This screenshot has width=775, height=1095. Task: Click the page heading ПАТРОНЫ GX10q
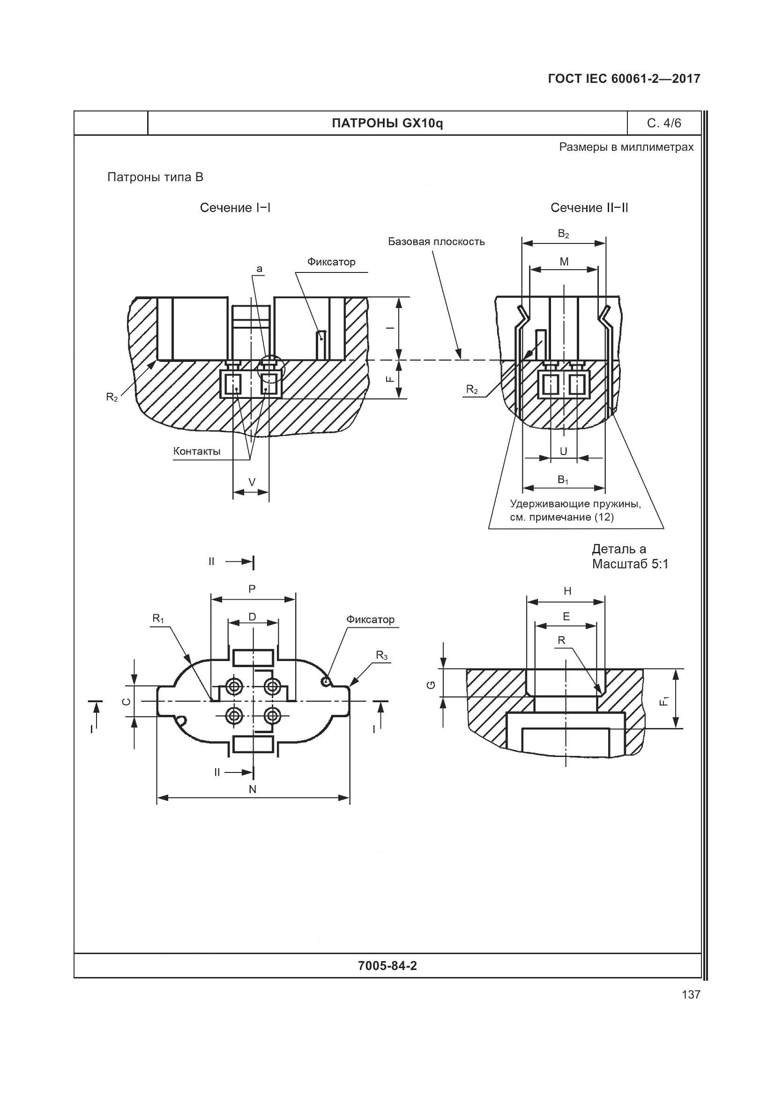click(x=387, y=124)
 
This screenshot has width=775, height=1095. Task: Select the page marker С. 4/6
click(x=664, y=124)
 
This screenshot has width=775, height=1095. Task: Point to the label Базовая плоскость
click(x=436, y=242)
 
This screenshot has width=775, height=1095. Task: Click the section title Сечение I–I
click(x=235, y=208)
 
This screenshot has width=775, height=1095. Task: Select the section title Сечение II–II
click(x=589, y=208)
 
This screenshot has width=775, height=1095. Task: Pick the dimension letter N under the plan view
click(x=253, y=789)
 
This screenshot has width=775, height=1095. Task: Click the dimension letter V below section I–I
click(x=252, y=482)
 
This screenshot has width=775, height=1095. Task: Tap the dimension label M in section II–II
click(x=564, y=262)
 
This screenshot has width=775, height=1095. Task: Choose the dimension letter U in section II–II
click(x=564, y=451)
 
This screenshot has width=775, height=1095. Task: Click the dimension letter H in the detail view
click(x=567, y=591)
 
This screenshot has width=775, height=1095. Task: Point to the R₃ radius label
click(x=382, y=656)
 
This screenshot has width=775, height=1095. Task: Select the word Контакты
click(x=197, y=451)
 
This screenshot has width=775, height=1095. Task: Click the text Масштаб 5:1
click(x=630, y=564)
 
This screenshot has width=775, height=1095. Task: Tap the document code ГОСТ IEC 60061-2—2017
click(x=624, y=79)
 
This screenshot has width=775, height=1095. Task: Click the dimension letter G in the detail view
click(x=432, y=685)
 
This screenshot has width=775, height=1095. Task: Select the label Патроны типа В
click(x=155, y=177)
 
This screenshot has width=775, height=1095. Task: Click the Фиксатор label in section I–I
click(x=331, y=262)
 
